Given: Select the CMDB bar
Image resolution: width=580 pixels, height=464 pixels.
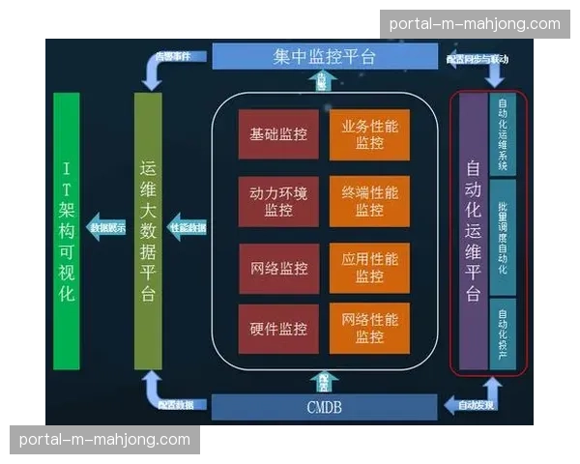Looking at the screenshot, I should coord(324,405).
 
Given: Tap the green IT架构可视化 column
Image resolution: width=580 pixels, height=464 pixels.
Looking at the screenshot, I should coord(67,231).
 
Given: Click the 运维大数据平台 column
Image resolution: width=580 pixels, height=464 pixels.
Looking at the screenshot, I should coord(148,231).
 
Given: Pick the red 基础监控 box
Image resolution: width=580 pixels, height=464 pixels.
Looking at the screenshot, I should coord(278,134).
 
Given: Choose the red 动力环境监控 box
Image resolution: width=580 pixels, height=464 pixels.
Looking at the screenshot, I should coord(278,201).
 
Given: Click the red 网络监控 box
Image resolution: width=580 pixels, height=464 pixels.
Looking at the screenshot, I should coord(278,268).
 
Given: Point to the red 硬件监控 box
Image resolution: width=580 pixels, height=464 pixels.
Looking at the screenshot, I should coord(278,329).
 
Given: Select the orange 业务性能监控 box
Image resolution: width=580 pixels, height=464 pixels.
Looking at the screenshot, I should coord(369,134).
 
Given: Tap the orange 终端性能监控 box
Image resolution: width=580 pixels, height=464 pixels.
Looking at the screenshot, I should coord(369,201).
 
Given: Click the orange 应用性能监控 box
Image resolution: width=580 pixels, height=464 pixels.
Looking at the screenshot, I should coord(369,268).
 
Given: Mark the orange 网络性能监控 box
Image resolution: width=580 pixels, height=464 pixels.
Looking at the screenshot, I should coord(369,329).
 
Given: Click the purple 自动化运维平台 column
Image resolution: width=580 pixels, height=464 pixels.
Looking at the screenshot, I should coord(472,232).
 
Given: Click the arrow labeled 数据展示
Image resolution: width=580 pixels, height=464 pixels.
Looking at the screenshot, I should coord(106,228).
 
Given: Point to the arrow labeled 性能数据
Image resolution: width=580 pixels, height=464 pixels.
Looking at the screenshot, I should coord(188,228).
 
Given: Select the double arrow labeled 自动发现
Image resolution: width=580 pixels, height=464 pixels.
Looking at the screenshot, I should coord(474,403).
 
